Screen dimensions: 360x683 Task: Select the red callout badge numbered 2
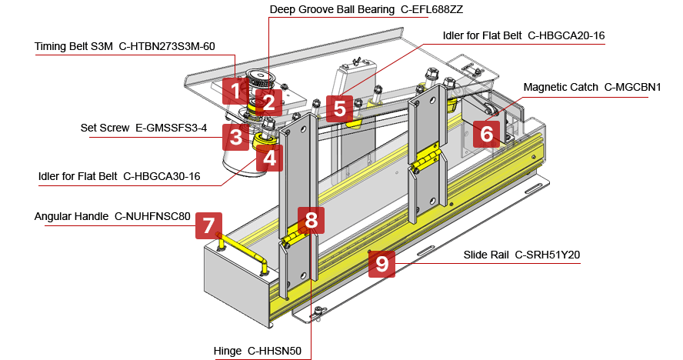[x=268, y=102]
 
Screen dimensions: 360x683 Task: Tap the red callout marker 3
[x=235, y=138]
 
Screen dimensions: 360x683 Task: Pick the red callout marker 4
[x=268, y=158]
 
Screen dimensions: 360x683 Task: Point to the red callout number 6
[x=486, y=134]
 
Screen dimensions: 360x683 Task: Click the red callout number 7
[x=208, y=225]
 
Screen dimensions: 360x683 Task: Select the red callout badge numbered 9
[x=381, y=264]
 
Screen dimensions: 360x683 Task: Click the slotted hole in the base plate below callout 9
[x=425, y=252]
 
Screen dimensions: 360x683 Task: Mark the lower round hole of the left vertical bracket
[x=304, y=274]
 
